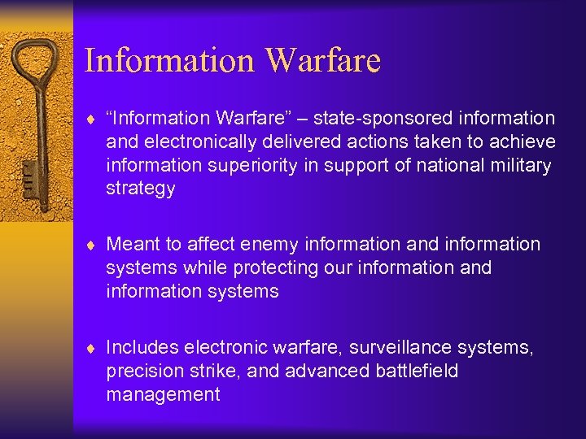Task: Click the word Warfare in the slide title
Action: click(323, 61)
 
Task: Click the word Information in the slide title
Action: click(169, 61)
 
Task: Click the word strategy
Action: click(140, 189)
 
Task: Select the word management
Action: click(163, 394)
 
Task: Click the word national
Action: click(438, 165)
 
